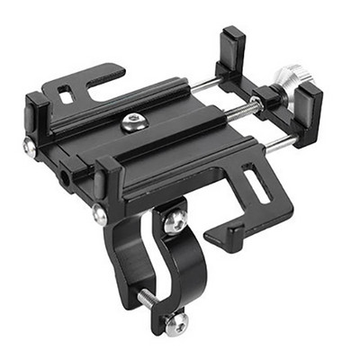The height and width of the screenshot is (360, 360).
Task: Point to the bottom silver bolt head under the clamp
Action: [x=178, y=322]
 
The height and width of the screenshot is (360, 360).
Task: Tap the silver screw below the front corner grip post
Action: [x=98, y=214]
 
